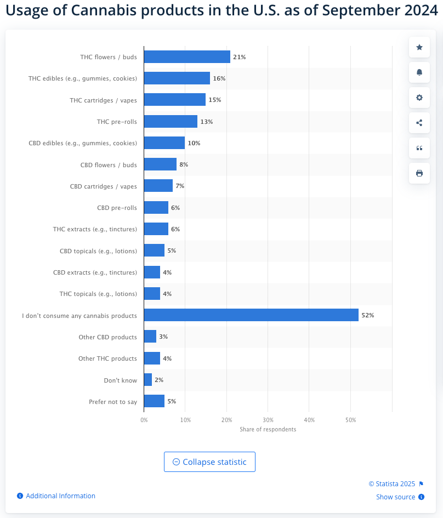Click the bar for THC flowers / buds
(187, 56)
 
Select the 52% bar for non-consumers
(251, 315)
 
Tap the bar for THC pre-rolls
(171, 121)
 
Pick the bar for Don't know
(148, 380)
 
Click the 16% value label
(219, 78)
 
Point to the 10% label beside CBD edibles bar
(194, 143)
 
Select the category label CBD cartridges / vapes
(104, 186)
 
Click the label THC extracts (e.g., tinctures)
(95, 229)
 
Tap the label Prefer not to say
(113, 402)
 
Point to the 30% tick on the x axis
(268, 420)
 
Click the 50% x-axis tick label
(351, 420)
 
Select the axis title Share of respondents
(268, 429)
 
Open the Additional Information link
(60, 496)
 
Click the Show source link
(395, 497)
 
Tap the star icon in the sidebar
(419, 47)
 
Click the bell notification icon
(419, 72)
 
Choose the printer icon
(419, 173)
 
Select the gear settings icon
(419, 98)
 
